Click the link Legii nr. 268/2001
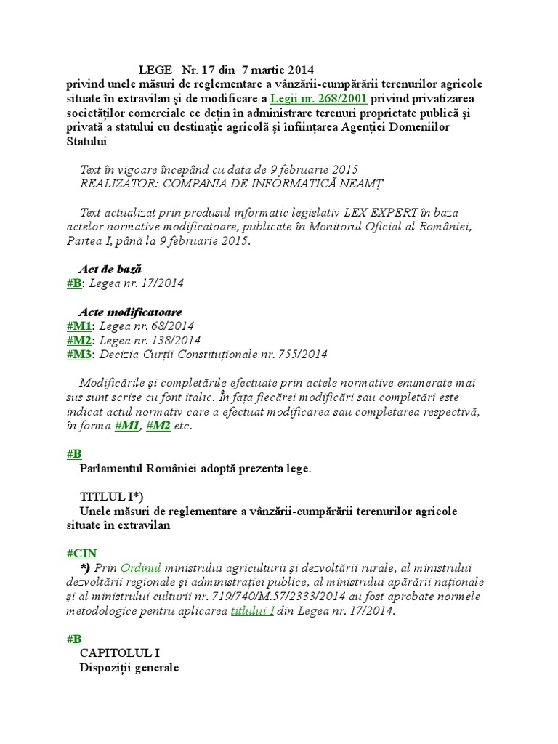click(x=318, y=99)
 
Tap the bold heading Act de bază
click(x=110, y=270)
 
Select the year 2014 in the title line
click(x=300, y=70)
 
